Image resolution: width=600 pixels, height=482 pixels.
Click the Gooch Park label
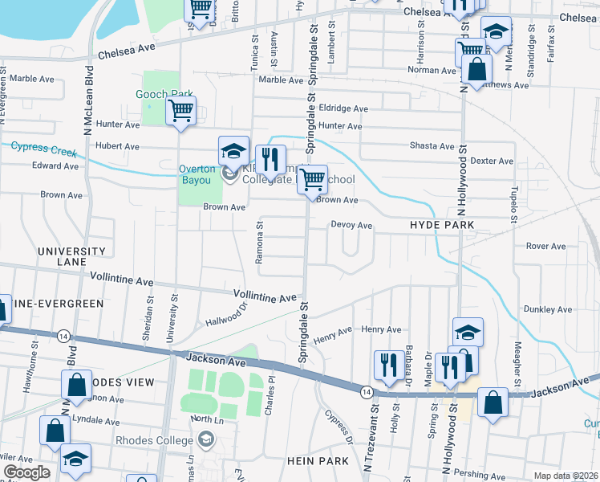tap(163, 95)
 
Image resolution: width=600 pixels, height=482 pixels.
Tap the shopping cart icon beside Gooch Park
tap(181, 111)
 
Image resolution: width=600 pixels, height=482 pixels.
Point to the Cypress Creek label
tap(43, 149)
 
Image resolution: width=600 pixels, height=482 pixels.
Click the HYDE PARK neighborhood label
tap(442, 227)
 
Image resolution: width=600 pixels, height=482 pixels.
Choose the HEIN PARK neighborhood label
tap(317, 461)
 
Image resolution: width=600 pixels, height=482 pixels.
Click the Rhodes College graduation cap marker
tap(206, 439)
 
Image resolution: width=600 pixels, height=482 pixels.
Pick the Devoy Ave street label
tap(351, 226)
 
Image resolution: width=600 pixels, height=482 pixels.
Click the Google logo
tap(26, 472)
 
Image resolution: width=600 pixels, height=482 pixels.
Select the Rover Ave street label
tap(546, 246)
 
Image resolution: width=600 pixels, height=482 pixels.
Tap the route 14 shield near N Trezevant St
tap(366, 390)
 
